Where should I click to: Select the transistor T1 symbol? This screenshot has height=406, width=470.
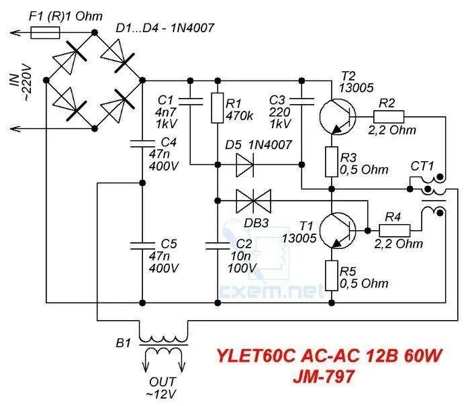(336, 229)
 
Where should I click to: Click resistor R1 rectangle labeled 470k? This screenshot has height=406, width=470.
(217, 107)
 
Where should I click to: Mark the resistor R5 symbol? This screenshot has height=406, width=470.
(330, 275)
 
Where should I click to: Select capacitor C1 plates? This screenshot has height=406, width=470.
(189, 101)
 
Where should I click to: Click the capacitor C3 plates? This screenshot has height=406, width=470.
(302, 101)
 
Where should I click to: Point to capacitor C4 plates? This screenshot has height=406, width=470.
(142, 142)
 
